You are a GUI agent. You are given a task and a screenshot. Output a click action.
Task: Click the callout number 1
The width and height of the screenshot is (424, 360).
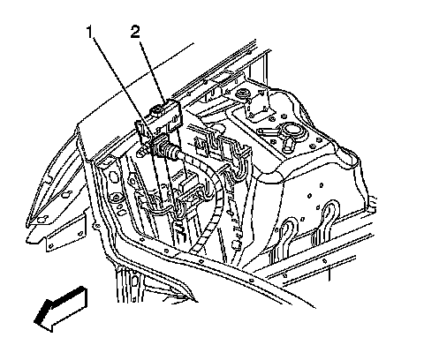click(x=90, y=33)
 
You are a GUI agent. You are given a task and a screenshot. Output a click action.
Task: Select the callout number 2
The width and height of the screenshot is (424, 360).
click(x=135, y=32)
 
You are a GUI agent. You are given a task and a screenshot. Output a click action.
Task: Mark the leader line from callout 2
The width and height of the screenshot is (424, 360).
click(x=151, y=70)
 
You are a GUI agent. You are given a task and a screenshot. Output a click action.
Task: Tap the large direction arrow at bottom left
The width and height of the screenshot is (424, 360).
click(x=61, y=309)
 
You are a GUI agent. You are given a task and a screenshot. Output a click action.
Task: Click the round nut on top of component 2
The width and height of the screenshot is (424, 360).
click(x=156, y=111)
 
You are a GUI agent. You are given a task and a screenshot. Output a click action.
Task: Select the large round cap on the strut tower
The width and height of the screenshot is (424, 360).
click(x=289, y=130)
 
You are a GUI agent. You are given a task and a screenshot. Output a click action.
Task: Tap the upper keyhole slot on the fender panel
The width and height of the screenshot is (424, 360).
click(x=67, y=194)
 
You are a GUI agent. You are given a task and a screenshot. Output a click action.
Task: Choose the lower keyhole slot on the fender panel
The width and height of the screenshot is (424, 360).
click(x=42, y=219)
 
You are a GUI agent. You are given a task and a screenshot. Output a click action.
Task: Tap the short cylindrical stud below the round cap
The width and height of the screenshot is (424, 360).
click(x=288, y=145)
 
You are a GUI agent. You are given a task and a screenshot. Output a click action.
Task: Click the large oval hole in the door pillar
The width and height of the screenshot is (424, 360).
click(x=112, y=177)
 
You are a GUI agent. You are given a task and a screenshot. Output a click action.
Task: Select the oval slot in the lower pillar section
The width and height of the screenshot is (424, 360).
click(x=134, y=281)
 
